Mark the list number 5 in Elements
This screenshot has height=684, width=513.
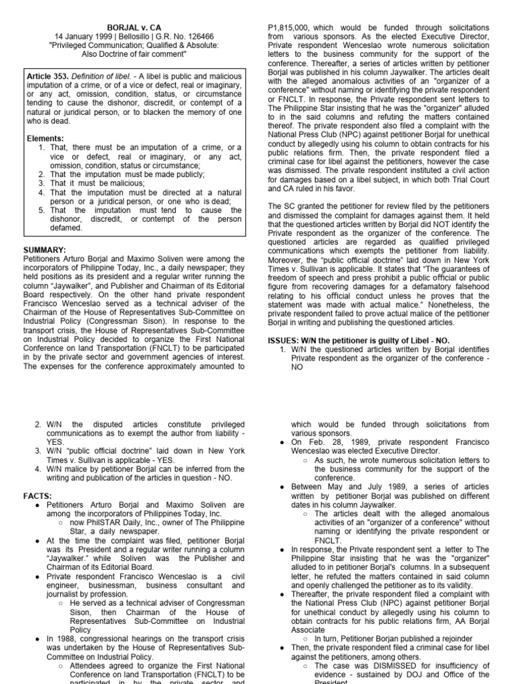(41, 210)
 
